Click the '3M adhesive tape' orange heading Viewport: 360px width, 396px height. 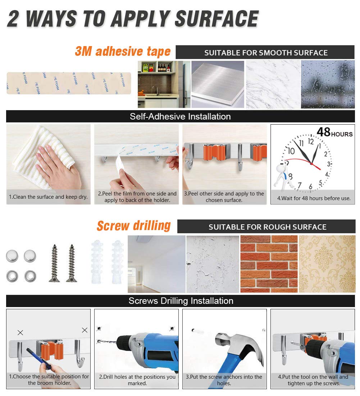123,51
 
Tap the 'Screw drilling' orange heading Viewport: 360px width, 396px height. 134,226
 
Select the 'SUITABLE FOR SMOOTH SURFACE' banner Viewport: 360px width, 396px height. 265,53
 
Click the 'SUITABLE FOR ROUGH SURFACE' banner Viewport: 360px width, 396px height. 266,226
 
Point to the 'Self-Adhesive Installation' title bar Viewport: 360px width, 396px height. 181,116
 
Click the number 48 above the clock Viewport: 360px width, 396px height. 323,132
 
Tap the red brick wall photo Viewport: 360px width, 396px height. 269,264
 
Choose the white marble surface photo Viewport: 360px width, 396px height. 273,84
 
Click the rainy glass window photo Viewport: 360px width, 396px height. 328,84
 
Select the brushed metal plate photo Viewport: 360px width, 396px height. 218,84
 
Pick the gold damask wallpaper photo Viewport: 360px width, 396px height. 327,264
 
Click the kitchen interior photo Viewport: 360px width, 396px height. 164,84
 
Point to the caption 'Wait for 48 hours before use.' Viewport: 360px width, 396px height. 314,198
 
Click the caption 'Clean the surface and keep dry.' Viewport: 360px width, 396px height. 48,197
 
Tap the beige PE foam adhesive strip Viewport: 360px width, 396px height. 69,84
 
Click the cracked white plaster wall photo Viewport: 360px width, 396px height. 213,264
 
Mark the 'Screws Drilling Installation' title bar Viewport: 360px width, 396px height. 181,301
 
